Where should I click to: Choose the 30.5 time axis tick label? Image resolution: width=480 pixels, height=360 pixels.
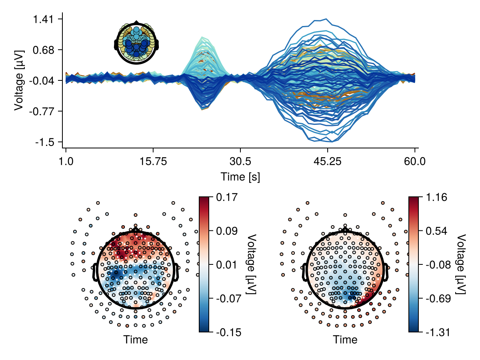240,162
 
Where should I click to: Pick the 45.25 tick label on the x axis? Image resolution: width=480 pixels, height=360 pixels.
328,162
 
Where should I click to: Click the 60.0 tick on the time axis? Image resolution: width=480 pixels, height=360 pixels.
415,162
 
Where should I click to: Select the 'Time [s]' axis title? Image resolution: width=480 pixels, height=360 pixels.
240,177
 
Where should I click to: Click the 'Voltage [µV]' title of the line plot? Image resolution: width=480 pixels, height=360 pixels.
18,80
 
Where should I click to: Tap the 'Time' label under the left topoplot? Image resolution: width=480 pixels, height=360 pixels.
136,340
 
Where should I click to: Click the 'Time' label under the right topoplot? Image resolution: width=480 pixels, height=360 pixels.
346,340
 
